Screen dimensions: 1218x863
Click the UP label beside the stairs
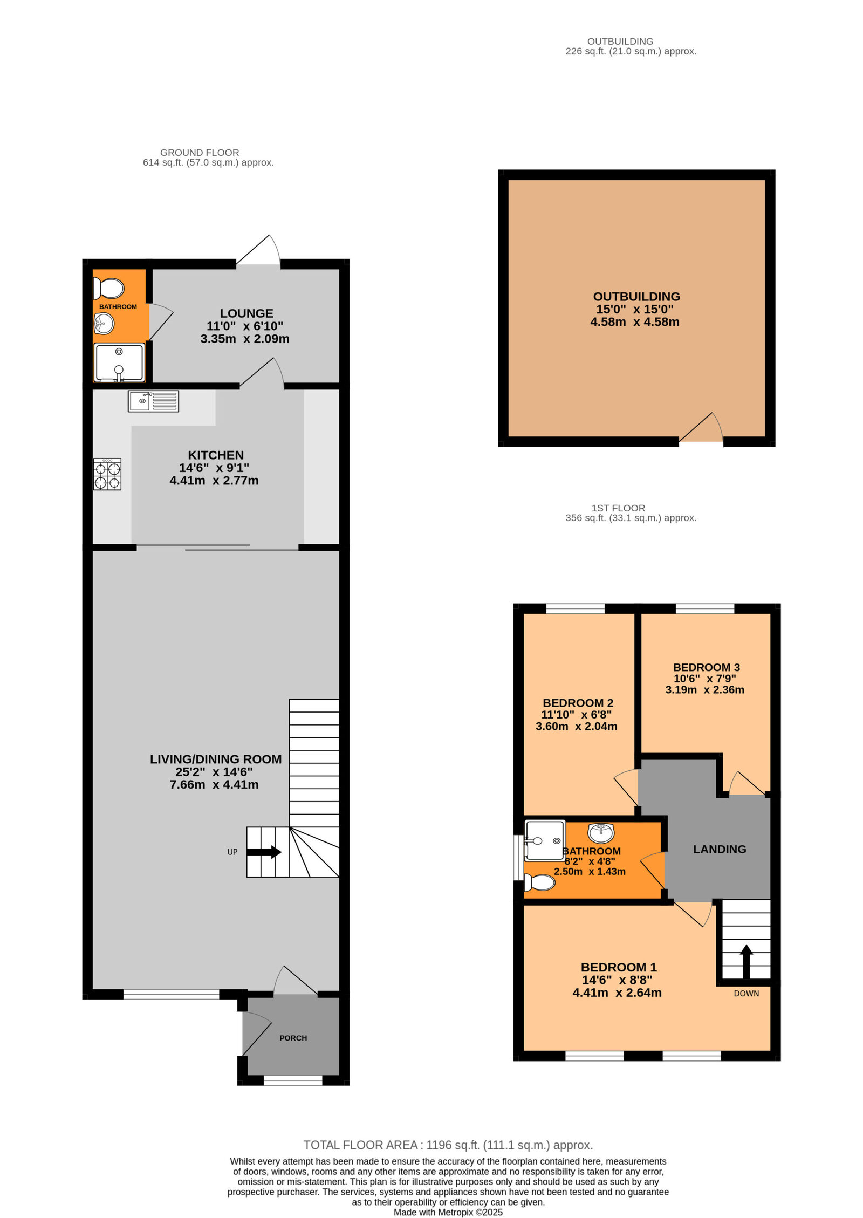point(232,852)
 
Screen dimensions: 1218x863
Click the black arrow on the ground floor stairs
point(264,852)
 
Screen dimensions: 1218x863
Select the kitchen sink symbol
point(153,401)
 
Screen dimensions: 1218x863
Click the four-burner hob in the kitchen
point(107,474)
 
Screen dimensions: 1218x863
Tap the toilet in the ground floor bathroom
point(109,288)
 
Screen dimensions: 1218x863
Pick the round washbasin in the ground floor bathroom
point(104,324)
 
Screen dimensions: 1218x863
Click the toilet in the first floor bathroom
point(540,882)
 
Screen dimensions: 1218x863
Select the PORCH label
point(293,1038)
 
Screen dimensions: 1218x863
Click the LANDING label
point(720,849)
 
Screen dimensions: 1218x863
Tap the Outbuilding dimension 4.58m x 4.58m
point(634,322)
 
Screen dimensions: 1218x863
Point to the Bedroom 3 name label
point(706,667)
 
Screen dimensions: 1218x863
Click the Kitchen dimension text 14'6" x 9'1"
point(214,468)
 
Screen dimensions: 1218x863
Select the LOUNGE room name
point(246,313)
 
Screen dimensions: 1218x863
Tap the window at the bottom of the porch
point(293,1080)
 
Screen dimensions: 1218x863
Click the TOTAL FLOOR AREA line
point(448,1145)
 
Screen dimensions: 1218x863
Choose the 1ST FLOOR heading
point(618,508)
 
